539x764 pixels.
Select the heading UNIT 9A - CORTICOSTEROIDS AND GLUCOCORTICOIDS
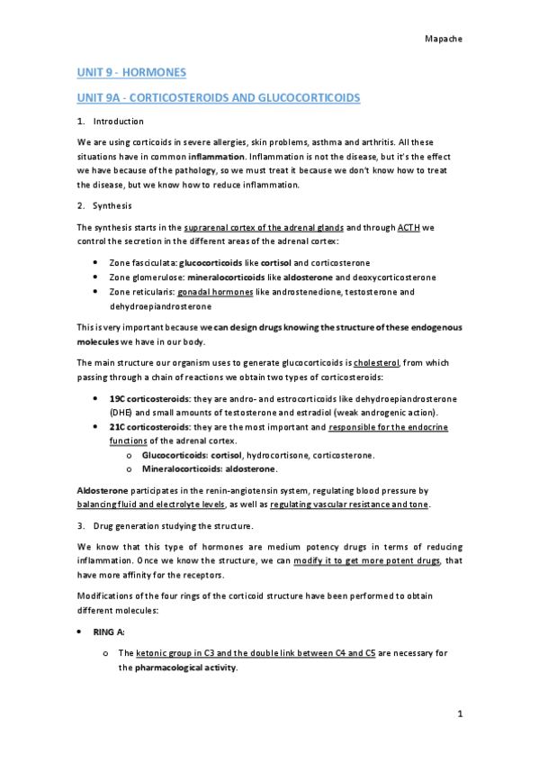tap(219, 95)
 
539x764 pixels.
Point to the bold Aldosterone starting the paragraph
tap(100, 489)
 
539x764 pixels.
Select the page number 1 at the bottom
tap(460, 715)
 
